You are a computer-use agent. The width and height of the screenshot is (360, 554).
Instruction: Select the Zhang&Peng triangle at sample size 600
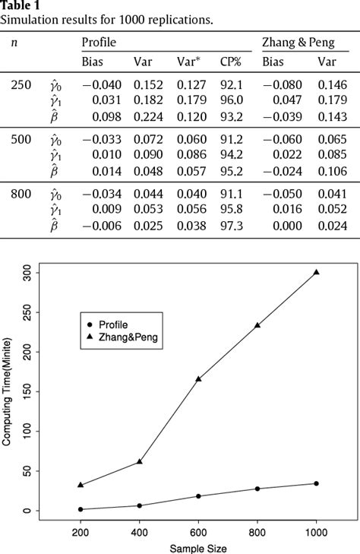tap(198, 378)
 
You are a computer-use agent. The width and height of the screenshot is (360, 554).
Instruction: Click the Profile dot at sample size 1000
tap(316, 483)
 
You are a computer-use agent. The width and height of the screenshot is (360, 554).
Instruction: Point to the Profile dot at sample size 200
tap(81, 509)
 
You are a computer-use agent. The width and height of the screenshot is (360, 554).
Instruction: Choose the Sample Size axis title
tap(197, 547)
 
